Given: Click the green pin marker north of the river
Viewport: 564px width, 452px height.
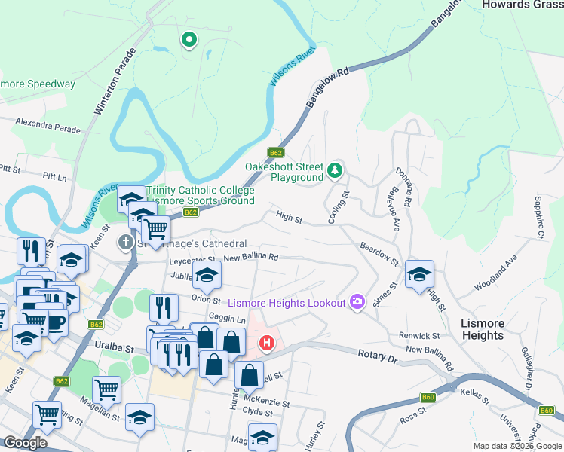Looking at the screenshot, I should (x=188, y=39).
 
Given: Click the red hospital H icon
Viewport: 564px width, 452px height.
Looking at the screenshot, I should (x=266, y=344).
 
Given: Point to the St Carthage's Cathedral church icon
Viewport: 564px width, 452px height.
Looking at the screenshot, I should (x=126, y=243).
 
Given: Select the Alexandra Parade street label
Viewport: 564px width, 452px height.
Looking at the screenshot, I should (x=47, y=125).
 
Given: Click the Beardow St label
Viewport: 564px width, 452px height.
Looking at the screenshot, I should (x=379, y=254).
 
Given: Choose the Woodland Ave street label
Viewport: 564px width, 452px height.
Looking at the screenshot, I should (x=495, y=273).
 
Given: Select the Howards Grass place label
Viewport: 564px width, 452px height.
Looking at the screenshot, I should (x=522, y=5).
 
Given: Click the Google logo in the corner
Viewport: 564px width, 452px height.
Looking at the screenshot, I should (x=25, y=443).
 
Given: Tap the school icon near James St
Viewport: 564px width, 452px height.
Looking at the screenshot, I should (x=420, y=274).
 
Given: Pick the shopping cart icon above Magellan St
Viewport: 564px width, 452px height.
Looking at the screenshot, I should (x=107, y=389).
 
